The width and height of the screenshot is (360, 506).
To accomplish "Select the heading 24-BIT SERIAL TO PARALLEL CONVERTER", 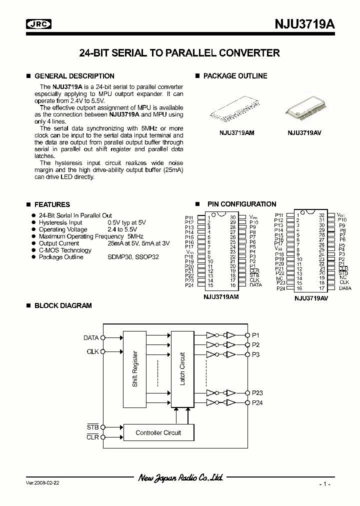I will click(179, 53).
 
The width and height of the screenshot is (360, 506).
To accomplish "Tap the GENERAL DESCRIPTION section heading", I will click(74, 76).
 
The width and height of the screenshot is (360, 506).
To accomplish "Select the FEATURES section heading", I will click(52, 204).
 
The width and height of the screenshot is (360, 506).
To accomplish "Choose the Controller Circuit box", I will click(158, 432).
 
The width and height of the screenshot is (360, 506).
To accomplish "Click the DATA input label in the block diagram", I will click(91, 338).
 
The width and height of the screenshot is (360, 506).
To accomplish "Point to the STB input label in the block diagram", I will click(93, 427).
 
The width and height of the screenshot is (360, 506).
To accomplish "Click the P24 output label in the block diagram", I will click(257, 402).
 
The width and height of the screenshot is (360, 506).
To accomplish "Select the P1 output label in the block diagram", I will click(255, 335).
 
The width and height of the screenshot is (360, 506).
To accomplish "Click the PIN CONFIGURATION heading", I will click(241, 204).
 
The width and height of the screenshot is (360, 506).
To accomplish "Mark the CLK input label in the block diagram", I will click(92, 352).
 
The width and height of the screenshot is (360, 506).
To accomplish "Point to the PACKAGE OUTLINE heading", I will click(235, 76).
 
